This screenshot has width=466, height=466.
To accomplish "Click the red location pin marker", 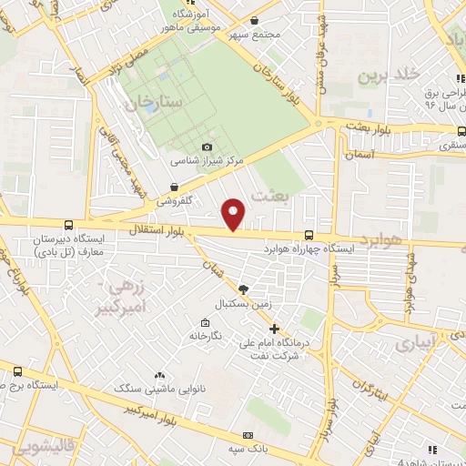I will tap(235, 213).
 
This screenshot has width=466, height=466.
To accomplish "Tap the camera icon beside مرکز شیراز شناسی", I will tap(207, 147).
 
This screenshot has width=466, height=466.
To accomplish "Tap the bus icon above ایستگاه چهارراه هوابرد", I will tap(309, 235).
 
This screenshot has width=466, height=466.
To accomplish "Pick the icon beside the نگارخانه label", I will tap(205, 322).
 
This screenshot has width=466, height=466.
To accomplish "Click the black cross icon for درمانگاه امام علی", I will tap(274, 329).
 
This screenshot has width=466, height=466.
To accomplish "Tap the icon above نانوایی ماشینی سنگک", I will tap(160, 375).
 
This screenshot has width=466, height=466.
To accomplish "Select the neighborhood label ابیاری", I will tap(416, 341).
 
